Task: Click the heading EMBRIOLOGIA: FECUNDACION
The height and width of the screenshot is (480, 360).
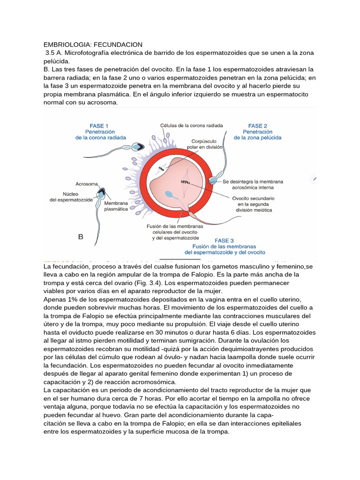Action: click(93, 45)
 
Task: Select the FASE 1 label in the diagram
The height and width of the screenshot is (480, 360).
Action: click(99, 126)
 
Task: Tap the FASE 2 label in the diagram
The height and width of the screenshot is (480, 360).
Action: click(258, 126)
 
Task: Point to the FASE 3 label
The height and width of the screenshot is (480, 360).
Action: click(225, 240)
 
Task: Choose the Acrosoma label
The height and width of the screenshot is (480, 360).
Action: click(87, 184)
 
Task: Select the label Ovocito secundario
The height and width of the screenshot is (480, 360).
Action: click(253, 198)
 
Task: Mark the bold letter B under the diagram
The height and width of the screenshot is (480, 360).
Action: click(81, 237)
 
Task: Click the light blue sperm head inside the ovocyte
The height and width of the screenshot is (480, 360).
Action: click(170, 193)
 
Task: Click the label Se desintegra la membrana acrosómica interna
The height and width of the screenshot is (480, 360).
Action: click(252, 184)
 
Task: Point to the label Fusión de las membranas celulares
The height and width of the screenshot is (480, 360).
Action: click(172, 232)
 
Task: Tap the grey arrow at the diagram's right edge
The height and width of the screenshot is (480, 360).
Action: click(315, 179)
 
